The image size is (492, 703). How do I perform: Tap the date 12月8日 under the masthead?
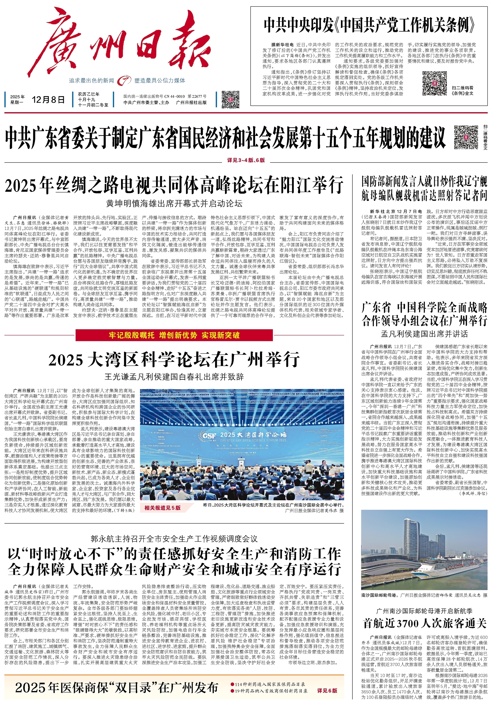(x=48, y=100)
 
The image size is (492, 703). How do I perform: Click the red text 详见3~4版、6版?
(x=246, y=160)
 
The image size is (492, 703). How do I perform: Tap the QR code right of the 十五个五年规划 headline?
(x=466, y=137)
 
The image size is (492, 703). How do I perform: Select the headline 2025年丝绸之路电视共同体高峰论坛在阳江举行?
(x=174, y=185)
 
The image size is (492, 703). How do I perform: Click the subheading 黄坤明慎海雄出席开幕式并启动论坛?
(x=174, y=203)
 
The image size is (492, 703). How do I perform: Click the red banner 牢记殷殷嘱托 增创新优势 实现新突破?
(x=174, y=335)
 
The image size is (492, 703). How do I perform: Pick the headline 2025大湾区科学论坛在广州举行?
(x=174, y=360)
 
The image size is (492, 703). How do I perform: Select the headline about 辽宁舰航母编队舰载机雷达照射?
(x=424, y=189)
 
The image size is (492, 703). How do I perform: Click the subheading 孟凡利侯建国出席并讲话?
(x=424, y=334)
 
